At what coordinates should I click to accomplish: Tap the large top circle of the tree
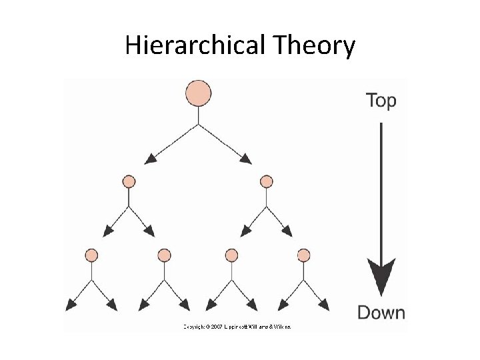[198, 93]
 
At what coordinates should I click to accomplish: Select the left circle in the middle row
[129, 181]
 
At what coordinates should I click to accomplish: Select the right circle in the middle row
[267, 181]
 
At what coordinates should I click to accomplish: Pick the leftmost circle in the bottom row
[92, 255]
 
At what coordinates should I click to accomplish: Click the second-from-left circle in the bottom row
[164, 255]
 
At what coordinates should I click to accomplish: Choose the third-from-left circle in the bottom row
[232, 255]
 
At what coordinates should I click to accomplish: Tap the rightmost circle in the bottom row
[304, 255]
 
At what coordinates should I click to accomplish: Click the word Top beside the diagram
[381, 101]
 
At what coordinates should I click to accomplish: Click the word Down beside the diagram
[381, 312]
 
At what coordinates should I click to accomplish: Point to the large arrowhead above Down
[381, 277]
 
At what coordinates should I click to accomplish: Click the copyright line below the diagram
[237, 327]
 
